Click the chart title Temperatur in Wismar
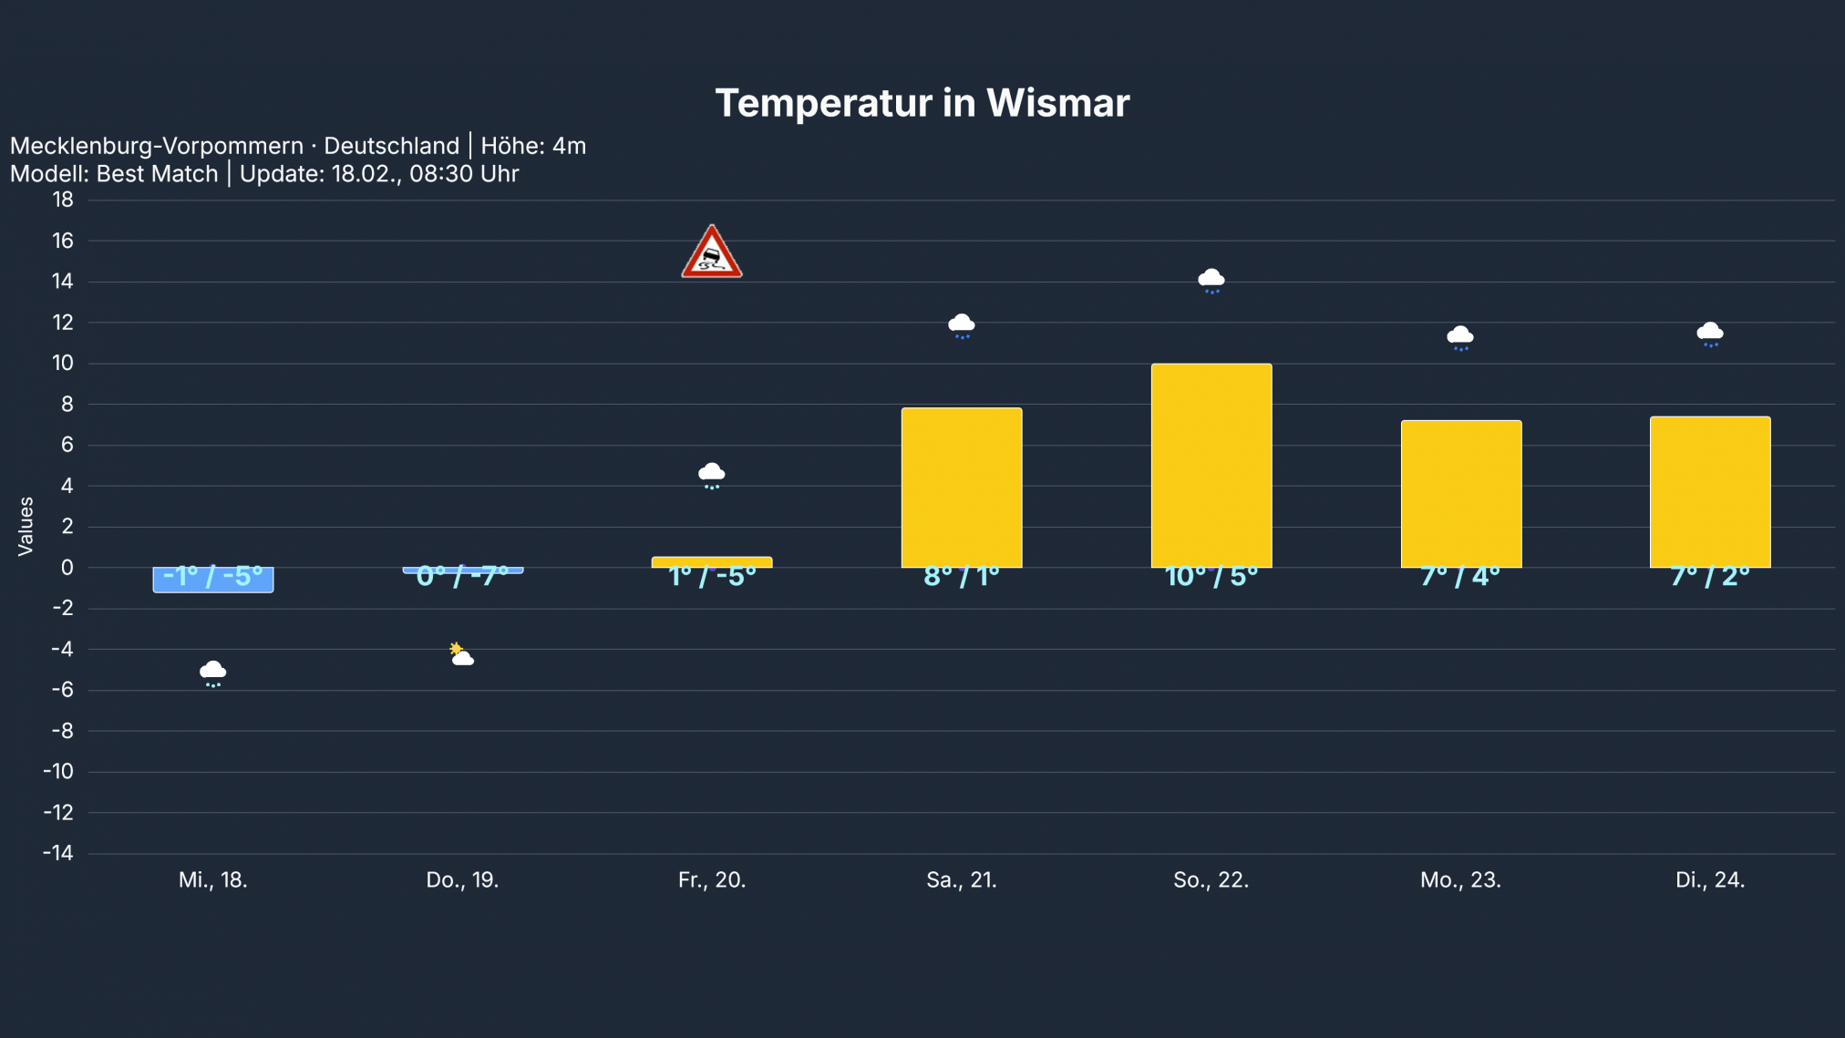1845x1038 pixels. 922,103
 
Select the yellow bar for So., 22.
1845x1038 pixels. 1211,465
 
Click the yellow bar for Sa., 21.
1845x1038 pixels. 961,487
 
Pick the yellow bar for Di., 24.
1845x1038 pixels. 1709,491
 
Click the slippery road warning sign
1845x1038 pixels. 711,252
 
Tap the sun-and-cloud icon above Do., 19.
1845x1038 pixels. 461,654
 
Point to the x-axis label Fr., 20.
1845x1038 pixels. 711,880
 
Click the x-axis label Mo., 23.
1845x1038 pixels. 1459,880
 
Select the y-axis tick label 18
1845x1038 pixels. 62,200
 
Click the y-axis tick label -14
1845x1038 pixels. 58,853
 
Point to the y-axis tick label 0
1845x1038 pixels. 67,568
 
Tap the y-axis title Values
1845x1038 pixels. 26,526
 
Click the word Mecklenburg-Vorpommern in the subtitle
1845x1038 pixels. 157,146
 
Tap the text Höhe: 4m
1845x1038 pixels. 533,146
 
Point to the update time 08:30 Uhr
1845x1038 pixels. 464,174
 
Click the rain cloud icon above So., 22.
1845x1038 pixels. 1211,280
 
